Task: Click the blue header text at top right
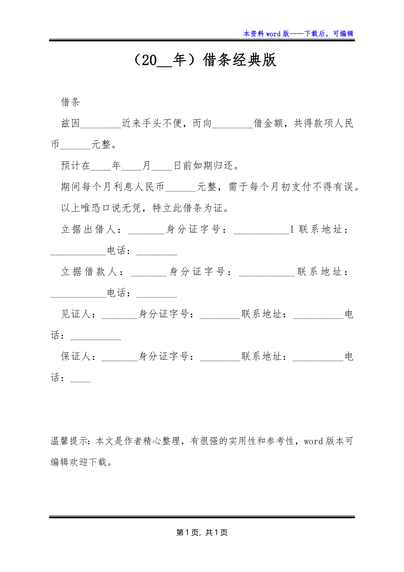pyautogui.click(x=298, y=33)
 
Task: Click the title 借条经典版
pyautogui.click(x=240, y=60)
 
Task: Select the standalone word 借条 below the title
pyautogui.click(x=70, y=103)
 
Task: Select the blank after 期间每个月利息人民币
pyautogui.click(x=180, y=188)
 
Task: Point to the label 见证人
pyautogui.click(x=76, y=315)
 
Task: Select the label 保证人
pyautogui.click(x=76, y=357)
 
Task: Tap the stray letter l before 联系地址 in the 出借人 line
pyautogui.click(x=292, y=229)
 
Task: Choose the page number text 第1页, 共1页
pyautogui.click(x=202, y=532)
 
